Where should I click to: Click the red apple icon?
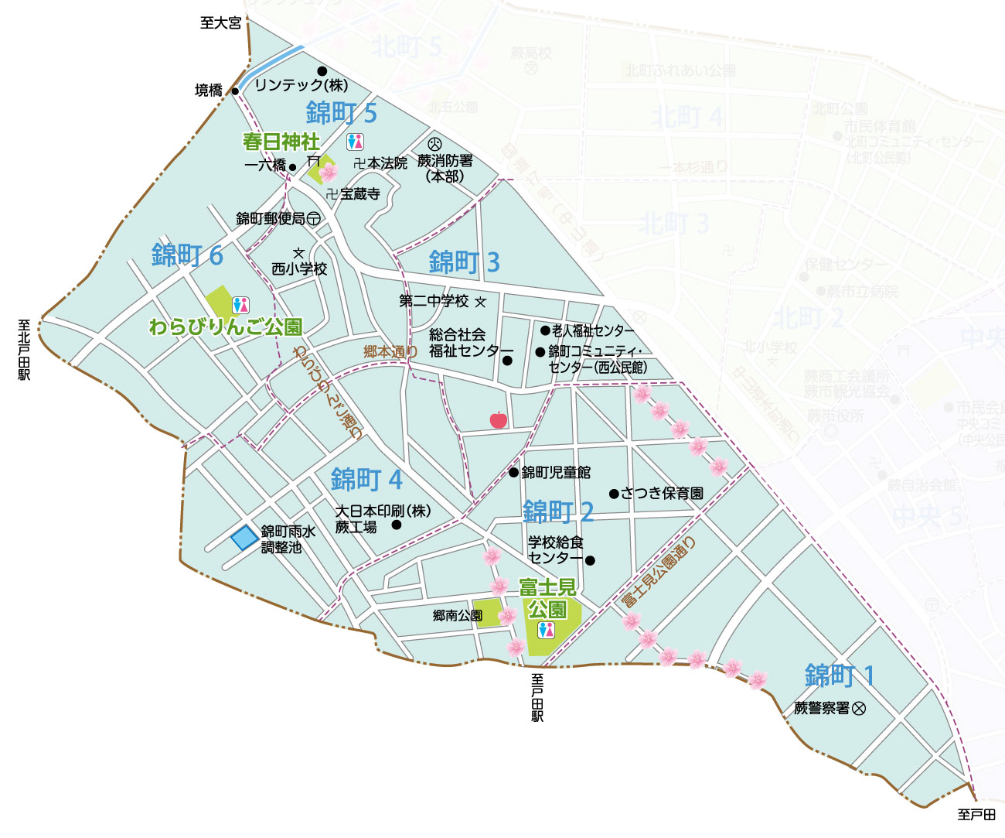(x=499, y=419)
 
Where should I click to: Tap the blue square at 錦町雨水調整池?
(x=245, y=537)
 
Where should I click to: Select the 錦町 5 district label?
(x=341, y=113)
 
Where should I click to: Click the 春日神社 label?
(x=281, y=142)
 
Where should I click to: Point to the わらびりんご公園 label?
(x=225, y=327)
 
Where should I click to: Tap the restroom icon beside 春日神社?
(x=355, y=142)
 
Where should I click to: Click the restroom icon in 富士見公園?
(x=547, y=630)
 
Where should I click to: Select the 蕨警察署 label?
(x=822, y=708)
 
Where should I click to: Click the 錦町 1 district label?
(x=840, y=676)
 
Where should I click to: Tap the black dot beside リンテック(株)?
(x=322, y=71)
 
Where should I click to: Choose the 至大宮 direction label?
(x=220, y=23)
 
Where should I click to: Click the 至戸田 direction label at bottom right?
(x=976, y=814)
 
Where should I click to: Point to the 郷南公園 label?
(x=458, y=616)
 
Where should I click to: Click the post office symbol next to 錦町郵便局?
(x=314, y=219)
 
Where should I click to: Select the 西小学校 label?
(x=299, y=269)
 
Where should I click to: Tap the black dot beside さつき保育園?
(x=614, y=493)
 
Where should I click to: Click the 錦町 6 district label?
(x=187, y=255)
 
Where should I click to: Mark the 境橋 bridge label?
(x=209, y=91)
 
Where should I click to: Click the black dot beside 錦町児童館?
(x=513, y=472)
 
